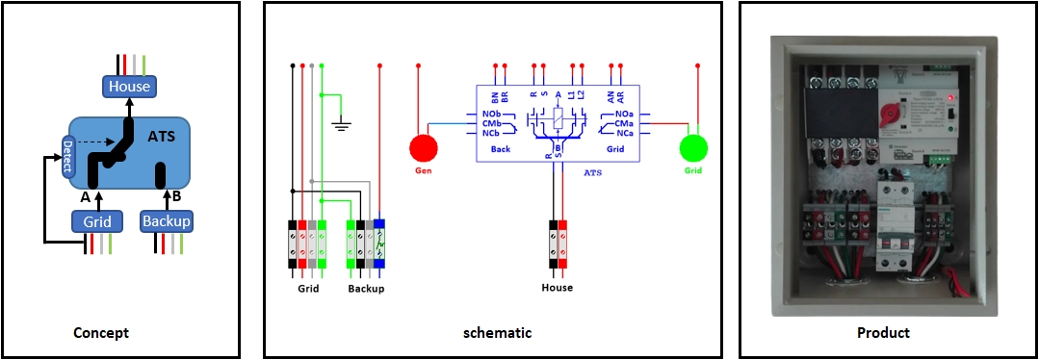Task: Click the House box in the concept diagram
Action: [x=129, y=87]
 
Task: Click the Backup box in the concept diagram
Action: [x=166, y=221]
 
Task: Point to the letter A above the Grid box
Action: [x=84, y=196]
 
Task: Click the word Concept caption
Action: [x=101, y=333]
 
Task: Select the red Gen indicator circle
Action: [x=422, y=148]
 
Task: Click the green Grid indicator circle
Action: [x=693, y=148]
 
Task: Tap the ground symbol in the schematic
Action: [x=339, y=122]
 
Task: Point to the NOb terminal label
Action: [x=491, y=115]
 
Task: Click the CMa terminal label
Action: [x=623, y=123]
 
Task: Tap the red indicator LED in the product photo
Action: [x=951, y=97]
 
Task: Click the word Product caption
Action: [x=883, y=333]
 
